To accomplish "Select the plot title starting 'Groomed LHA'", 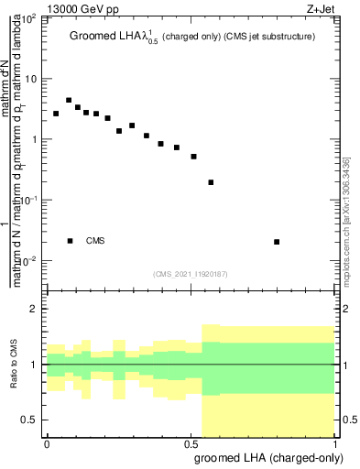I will pyautogui.click(x=198, y=38).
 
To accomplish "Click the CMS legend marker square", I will pyautogui.click(x=71, y=241).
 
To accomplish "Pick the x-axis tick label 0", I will pyautogui.click(x=47, y=443).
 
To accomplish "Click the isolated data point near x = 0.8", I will pyautogui.click(x=277, y=242).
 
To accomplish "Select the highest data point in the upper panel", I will pyautogui.click(x=69, y=100).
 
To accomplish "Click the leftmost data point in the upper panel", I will pyautogui.click(x=56, y=114).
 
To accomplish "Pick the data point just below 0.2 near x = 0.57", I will pyautogui.click(x=212, y=182).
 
